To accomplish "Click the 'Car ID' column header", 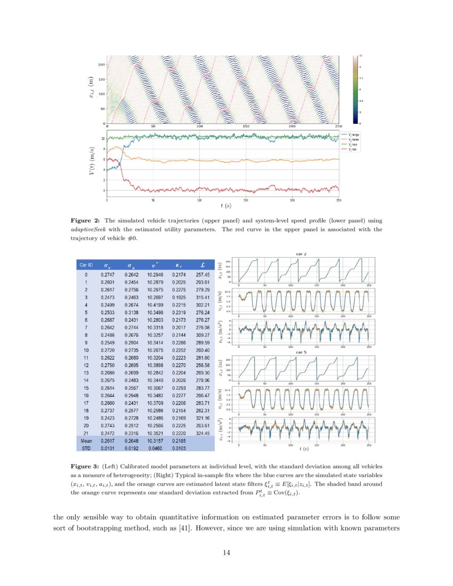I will [x=86, y=265].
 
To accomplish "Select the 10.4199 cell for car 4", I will [x=155, y=303].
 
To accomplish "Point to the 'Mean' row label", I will [x=86, y=441].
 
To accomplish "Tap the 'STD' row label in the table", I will [x=86, y=448].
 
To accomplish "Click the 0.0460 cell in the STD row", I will [x=155, y=448].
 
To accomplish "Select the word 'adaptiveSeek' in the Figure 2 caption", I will [x=89, y=229].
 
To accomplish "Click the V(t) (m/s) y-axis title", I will [x=92, y=166].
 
